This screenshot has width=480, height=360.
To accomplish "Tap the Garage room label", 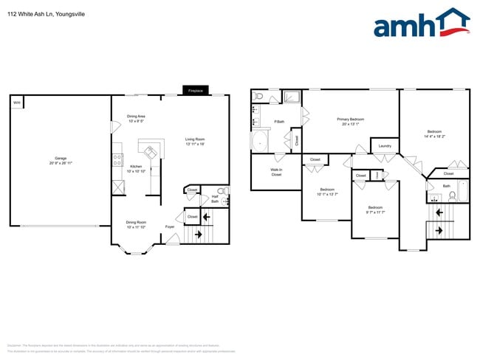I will [x=61, y=159].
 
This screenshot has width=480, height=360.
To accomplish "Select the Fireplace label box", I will [x=196, y=91].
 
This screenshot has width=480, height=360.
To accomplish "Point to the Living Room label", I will [x=195, y=142].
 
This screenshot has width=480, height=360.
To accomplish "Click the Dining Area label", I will [x=136, y=118].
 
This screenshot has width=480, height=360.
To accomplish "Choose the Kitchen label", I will [x=136, y=169].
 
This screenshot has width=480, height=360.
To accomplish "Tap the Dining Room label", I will [x=136, y=224].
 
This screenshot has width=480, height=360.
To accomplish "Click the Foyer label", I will [x=170, y=226].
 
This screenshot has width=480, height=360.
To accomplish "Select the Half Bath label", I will [x=215, y=198].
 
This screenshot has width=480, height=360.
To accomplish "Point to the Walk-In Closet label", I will [x=276, y=173].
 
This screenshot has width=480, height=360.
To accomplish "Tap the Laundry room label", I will [x=385, y=146].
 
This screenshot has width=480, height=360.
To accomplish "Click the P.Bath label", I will [x=279, y=122].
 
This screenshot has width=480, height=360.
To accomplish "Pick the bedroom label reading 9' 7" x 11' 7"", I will [x=376, y=210].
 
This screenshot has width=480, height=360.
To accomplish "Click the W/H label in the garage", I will [x=16, y=103].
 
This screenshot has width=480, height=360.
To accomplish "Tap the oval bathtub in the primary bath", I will [x=261, y=141].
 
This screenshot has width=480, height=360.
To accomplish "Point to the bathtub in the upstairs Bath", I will [x=462, y=191].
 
